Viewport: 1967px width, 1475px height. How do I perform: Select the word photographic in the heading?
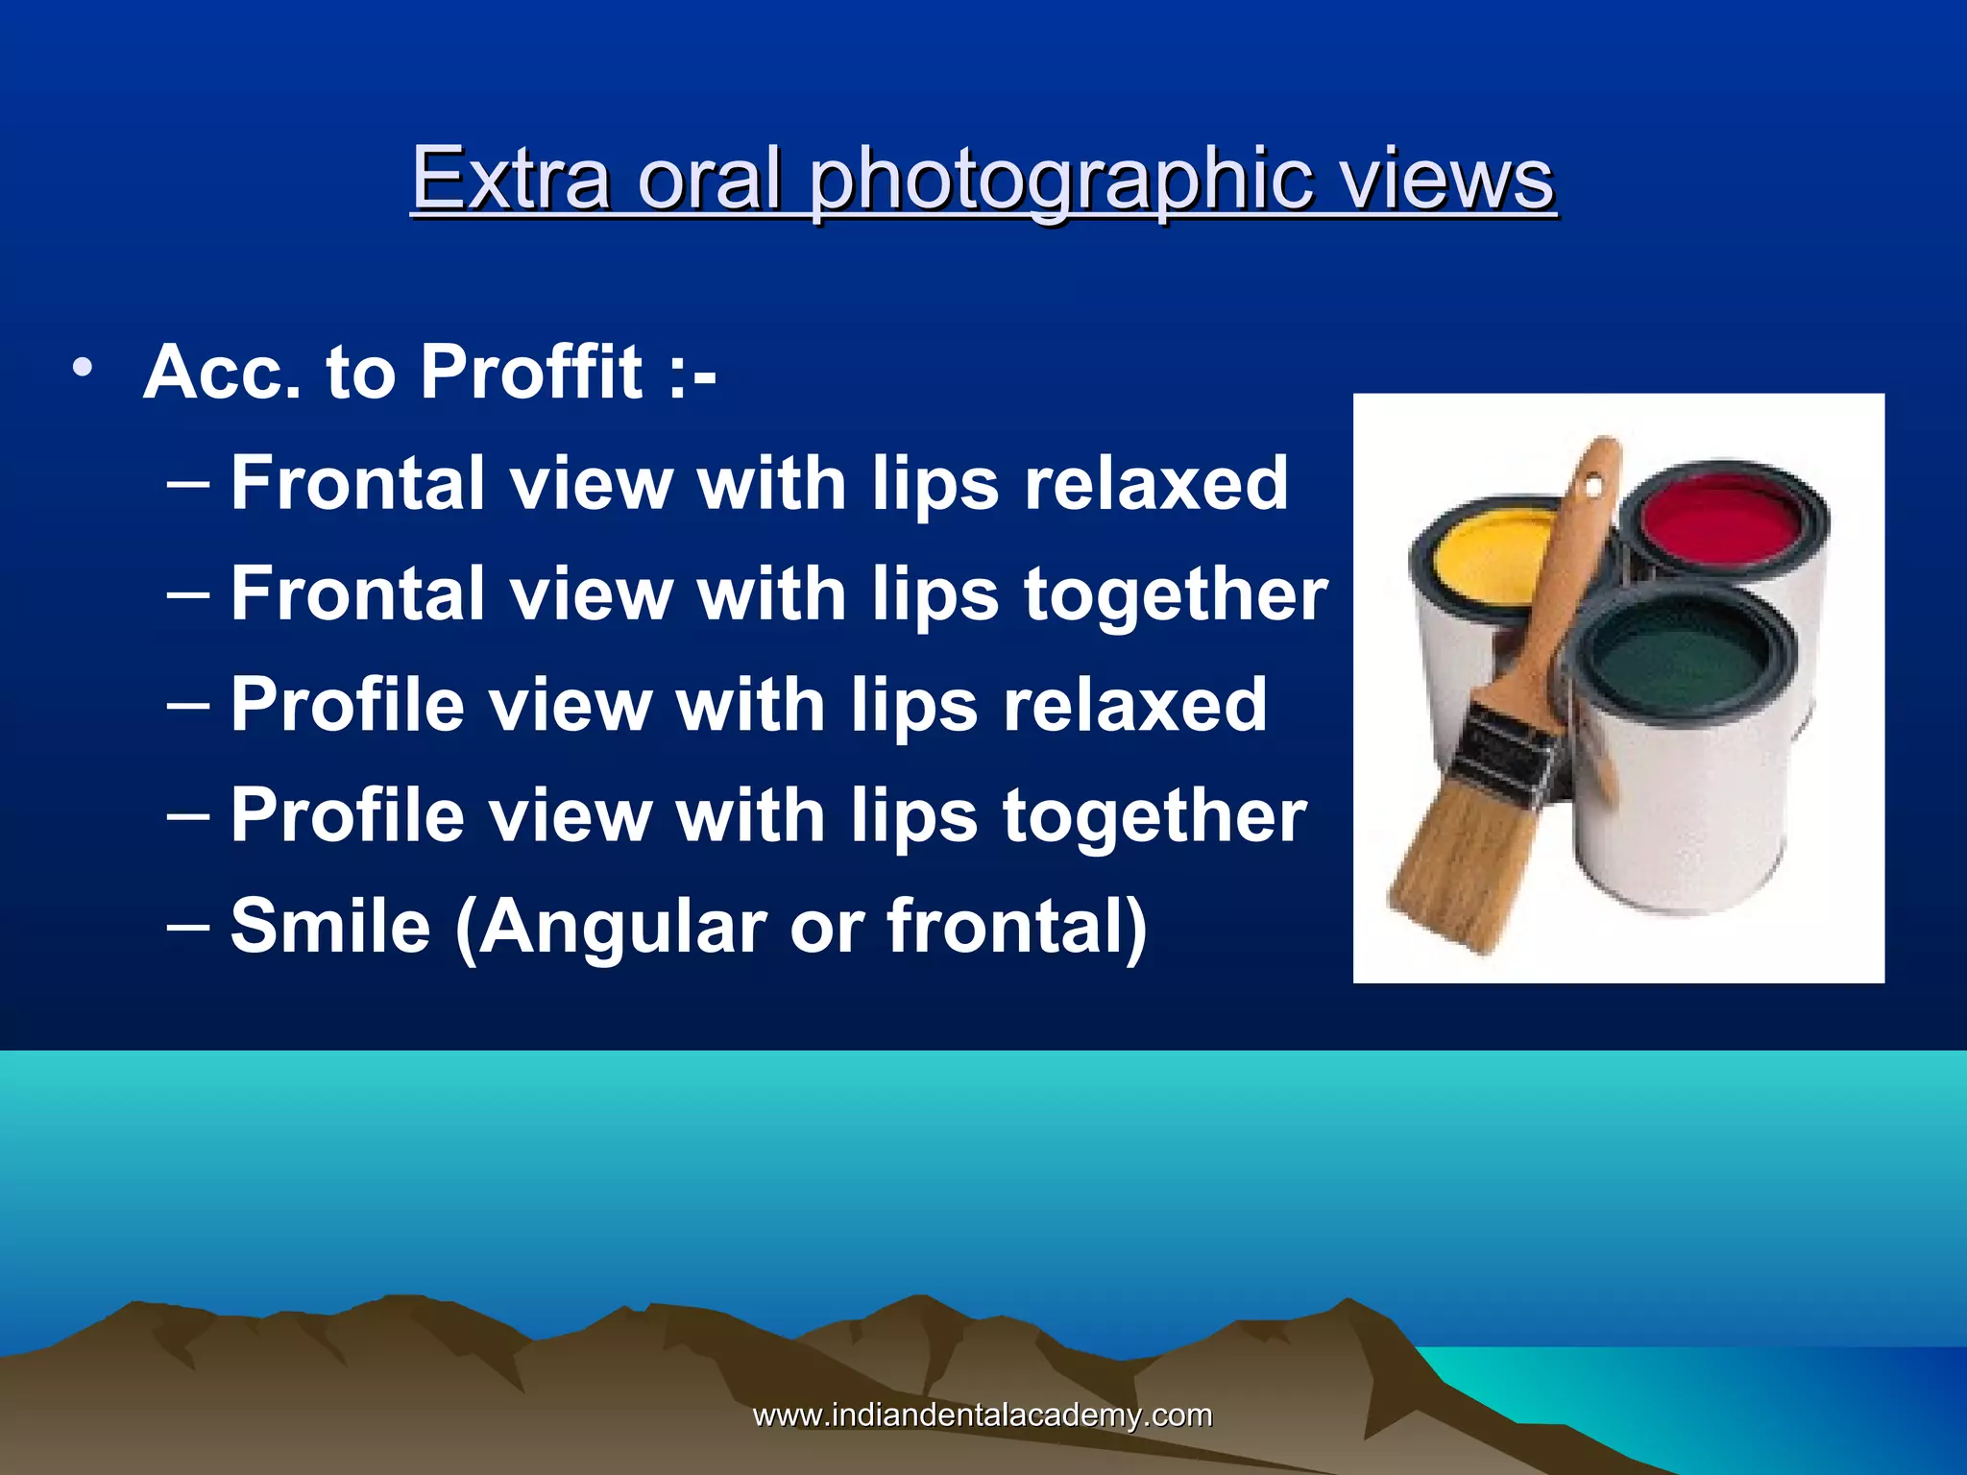pyautogui.click(x=1059, y=181)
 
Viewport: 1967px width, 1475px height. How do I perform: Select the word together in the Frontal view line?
pyautogui.click(x=1176, y=595)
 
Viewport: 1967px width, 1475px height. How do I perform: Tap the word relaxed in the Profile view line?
pyautogui.click(x=1135, y=705)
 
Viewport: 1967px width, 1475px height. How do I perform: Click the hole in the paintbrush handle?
pyautogui.click(x=1592, y=486)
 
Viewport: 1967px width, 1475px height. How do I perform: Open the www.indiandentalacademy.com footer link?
pyautogui.click(x=982, y=1415)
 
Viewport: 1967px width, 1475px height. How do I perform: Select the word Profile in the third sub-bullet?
pyautogui.click(x=348, y=705)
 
